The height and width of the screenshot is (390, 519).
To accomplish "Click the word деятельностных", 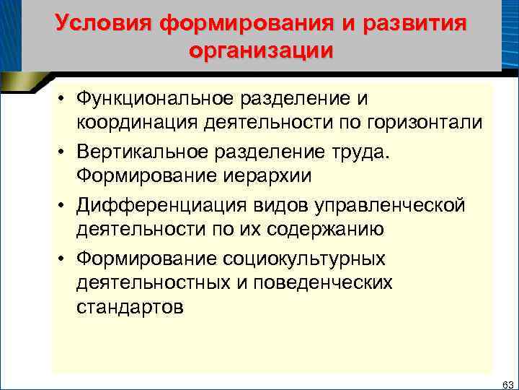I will click(151, 284).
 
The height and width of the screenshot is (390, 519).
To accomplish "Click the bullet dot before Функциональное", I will click(63, 98).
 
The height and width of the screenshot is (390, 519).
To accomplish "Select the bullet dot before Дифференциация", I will click(63, 206).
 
